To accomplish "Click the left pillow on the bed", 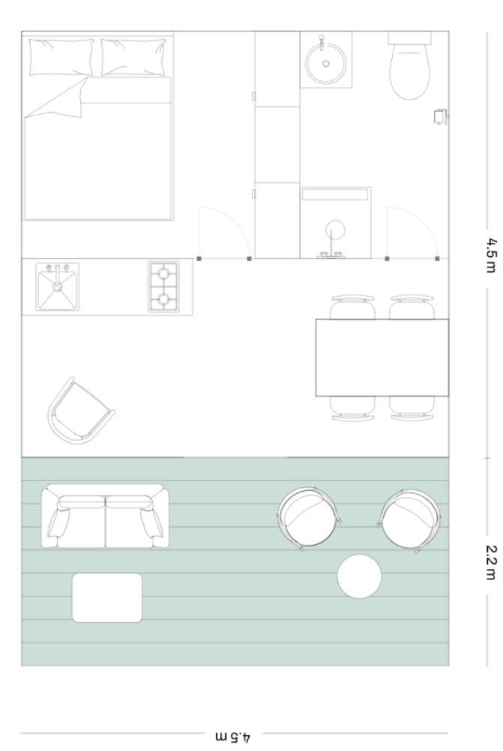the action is click(x=61, y=58).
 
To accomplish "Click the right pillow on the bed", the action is click(x=133, y=58).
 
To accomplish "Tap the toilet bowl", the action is click(x=409, y=72).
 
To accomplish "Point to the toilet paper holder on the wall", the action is click(x=440, y=117).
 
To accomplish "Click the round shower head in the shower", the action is click(x=335, y=230).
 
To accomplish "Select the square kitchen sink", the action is click(x=58, y=287).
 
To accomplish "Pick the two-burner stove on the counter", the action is click(x=164, y=286).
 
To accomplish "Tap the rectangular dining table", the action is click(x=382, y=358).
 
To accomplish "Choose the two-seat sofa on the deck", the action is click(x=106, y=516).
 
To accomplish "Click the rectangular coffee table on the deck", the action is click(x=107, y=598).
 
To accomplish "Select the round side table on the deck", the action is click(x=359, y=576).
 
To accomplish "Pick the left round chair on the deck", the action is click(x=309, y=518).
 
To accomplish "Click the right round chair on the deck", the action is click(x=409, y=519).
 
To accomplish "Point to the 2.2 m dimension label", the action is click(x=490, y=562).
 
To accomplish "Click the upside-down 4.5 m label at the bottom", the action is click(x=233, y=737).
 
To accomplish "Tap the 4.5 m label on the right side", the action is click(x=490, y=255).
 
